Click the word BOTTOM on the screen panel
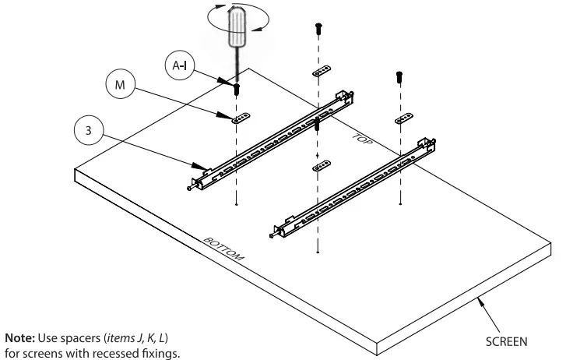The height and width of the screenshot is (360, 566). coord(224,249)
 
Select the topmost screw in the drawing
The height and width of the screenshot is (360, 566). coord(318,27)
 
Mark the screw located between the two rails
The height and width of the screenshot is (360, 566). coord(318,124)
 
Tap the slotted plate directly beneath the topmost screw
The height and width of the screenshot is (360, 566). coord(321,72)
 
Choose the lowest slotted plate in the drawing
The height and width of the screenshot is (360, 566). coord(319,167)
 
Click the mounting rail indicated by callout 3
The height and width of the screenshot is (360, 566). coord(272,140)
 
